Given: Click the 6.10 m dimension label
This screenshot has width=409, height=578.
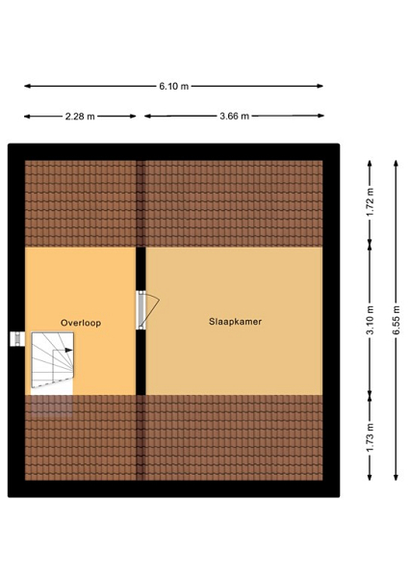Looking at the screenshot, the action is click(174, 87).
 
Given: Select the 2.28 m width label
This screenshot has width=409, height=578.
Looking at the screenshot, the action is click(80, 117).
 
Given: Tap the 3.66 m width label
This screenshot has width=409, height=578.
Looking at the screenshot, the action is click(235, 117).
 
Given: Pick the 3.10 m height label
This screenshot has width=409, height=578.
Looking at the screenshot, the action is click(370, 320).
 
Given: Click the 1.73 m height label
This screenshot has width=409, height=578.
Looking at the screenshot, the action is click(370, 437).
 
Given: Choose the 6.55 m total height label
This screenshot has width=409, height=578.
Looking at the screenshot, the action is click(396, 320).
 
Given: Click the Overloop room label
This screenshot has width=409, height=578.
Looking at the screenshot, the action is click(81, 323).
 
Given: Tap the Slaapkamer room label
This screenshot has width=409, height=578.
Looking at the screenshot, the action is click(235, 322).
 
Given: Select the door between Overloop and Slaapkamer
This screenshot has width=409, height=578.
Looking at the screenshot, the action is click(146, 310).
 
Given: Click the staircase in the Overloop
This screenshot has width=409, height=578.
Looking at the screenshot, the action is click(52, 360).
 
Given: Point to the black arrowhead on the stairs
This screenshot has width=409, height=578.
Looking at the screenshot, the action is click(69, 351).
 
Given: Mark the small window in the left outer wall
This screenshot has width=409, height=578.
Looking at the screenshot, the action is click(17, 339).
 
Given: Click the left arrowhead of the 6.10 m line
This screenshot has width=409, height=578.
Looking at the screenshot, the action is click(27, 87).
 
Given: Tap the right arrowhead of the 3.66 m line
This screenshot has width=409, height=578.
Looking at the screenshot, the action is click(320, 116).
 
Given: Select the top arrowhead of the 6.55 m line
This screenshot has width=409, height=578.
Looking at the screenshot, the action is click(396, 164).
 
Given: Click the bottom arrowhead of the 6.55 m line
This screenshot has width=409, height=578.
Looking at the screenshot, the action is click(396, 478).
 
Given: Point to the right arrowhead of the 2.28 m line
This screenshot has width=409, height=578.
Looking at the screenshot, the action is click(133, 117).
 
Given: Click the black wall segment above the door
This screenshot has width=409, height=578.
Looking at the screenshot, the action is click(141, 269).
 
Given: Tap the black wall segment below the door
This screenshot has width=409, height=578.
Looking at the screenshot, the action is click(141, 363).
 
